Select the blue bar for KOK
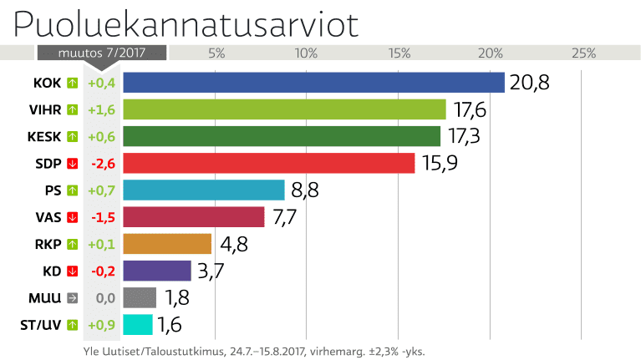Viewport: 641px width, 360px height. pos(313,83)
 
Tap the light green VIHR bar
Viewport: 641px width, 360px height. pos(284,109)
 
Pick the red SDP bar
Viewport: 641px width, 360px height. pos(268,163)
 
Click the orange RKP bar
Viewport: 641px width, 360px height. pos(167,244)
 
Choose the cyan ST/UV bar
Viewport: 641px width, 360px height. pos(138,325)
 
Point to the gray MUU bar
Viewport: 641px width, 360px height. pos(140,297)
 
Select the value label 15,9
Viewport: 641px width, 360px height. pos(440,163)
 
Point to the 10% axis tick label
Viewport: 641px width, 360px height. pos(307,53)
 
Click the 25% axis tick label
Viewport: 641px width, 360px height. pos(582,53)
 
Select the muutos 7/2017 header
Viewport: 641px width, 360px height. pos(101,53)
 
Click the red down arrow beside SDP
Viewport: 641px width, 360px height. pos(73,163)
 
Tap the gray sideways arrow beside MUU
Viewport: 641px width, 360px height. pos(73,297)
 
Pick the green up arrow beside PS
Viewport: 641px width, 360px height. pos(73,190)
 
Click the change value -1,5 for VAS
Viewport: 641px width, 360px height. pos(101,217)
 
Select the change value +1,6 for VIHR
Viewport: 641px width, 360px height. pos(101,109)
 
